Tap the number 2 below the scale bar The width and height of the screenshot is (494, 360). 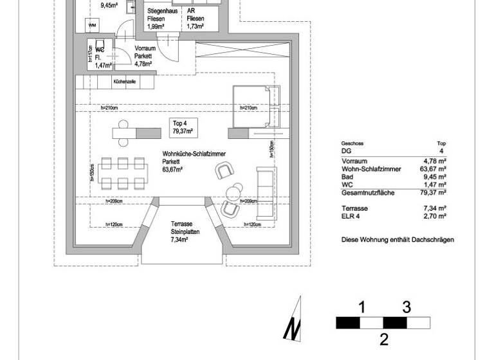click(383, 339)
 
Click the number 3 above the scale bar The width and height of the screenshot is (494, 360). click(407, 307)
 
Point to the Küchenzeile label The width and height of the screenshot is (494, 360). click(124, 82)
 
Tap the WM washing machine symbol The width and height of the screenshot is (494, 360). click(93, 24)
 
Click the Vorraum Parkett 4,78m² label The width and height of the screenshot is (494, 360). click(145, 56)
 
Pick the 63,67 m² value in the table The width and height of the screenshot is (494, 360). click(435, 169)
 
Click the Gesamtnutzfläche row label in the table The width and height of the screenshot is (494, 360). click(368, 193)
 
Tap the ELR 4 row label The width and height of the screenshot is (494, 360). click(351, 217)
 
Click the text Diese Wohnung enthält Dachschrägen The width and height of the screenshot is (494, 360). click(398, 239)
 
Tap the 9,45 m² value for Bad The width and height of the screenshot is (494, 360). click(435, 177)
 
